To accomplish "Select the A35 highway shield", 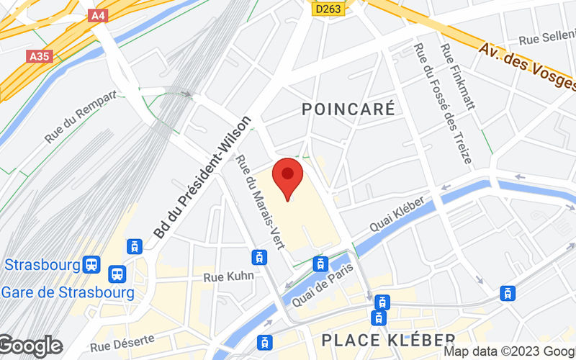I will tap(41, 56).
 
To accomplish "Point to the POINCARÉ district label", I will tap(348, 109).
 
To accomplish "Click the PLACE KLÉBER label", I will tap(388, 339).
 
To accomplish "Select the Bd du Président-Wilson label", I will tap(203, 177).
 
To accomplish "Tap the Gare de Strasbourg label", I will tap(68, 293).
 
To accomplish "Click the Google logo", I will tap(31, 346).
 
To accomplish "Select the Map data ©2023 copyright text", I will tap(508, 352).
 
